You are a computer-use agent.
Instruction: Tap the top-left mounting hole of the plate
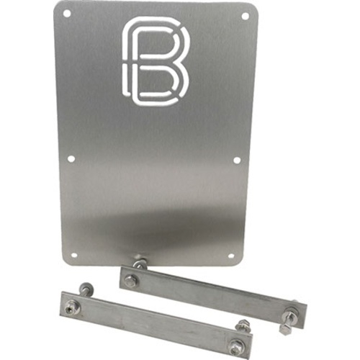tap(68, 14)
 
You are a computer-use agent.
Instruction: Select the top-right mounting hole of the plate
tap(245, 17)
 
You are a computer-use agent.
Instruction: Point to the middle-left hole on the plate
tap(71, 159)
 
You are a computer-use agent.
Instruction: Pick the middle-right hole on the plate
tap(236, 161)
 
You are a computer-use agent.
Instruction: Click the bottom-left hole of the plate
tap(75, 254)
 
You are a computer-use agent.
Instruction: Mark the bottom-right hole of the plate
tap(230, 256)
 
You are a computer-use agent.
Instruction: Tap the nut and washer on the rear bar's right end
tap(287, 313)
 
